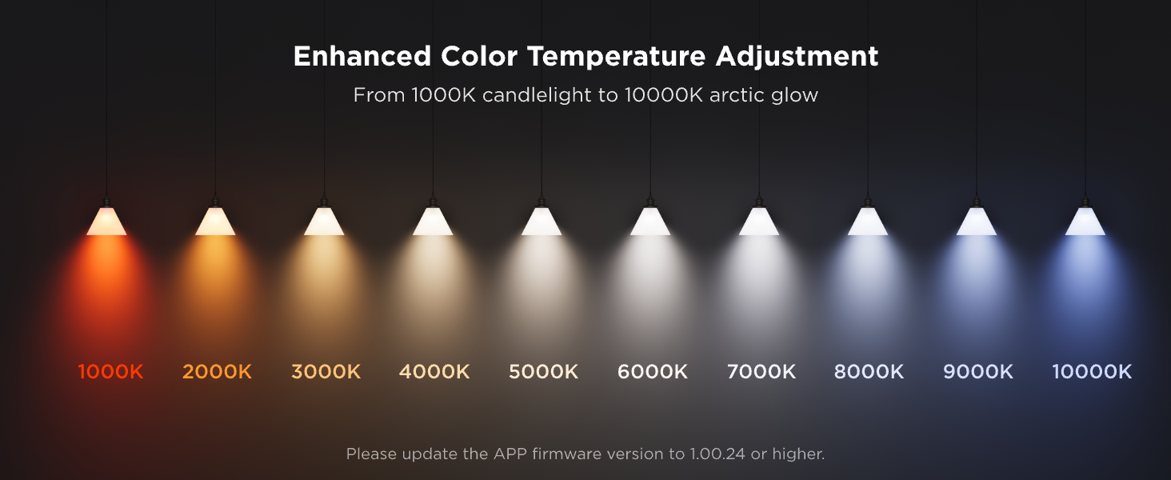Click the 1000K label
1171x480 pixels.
pyautogui.click(x=110, y=372)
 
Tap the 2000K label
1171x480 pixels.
pyautogui.click(x=217, y=372)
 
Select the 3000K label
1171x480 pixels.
pyautogui.click(x=326, y=372)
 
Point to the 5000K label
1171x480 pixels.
pyautogui.click(x=543, y=372)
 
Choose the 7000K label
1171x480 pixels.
pyautogui.click(x=761, y=372)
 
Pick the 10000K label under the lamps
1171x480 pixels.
pyautogui.click(x=1092, y=372)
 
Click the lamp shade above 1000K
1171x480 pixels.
pyautogui.click(x=106, y=222)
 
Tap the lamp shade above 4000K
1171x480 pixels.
pyautogui.click(x=433, y=222)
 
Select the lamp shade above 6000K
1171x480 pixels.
pyautogui.click(x=650, y=222)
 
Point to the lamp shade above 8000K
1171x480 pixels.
pyautogui.click(x=868, y=222)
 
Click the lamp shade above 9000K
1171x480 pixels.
pyautogui.click(x=977, y=222)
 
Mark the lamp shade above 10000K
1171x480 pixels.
pyautogui.click(x=1085, y=222)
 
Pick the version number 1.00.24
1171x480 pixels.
pyautogui.click(x=717, y=454)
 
